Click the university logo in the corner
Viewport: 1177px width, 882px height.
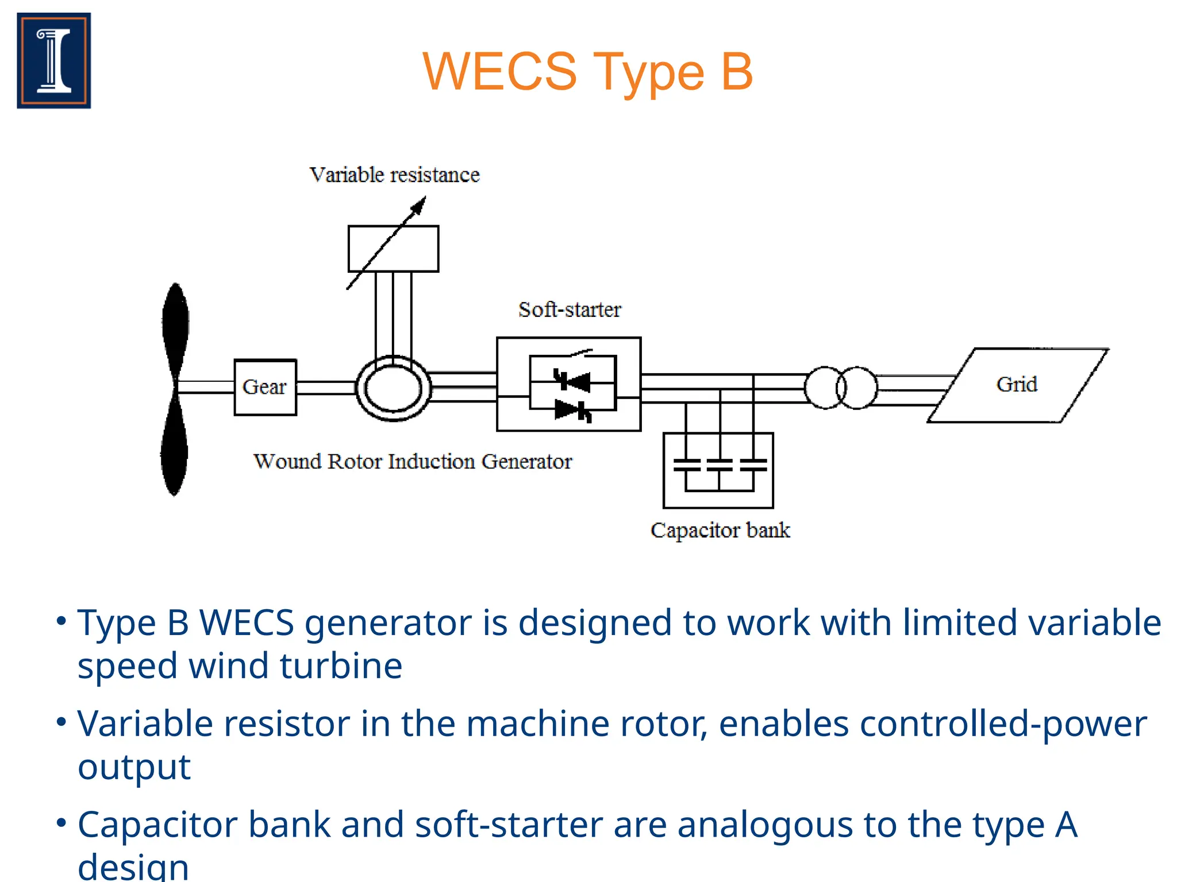[54, 60]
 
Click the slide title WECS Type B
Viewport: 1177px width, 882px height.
[587, 72]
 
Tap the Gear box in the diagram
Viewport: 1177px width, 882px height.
[265, 387]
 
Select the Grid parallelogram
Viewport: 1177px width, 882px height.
[1018, 385]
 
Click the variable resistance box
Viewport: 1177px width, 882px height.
[393, 248]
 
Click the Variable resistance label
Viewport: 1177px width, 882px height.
[394, 175]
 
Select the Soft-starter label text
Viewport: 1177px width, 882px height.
[570, 310]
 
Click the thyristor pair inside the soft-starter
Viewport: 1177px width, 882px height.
[572, 395]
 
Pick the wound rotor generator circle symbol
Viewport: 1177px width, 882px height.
[394, 388]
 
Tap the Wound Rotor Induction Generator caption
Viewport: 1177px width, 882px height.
[413, 461]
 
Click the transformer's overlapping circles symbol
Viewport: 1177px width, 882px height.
[841, 388]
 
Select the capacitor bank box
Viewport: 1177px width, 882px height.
[718, 470]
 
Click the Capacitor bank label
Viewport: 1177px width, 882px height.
[720, 530]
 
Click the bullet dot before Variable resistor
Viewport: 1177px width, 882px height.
[61, 722]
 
